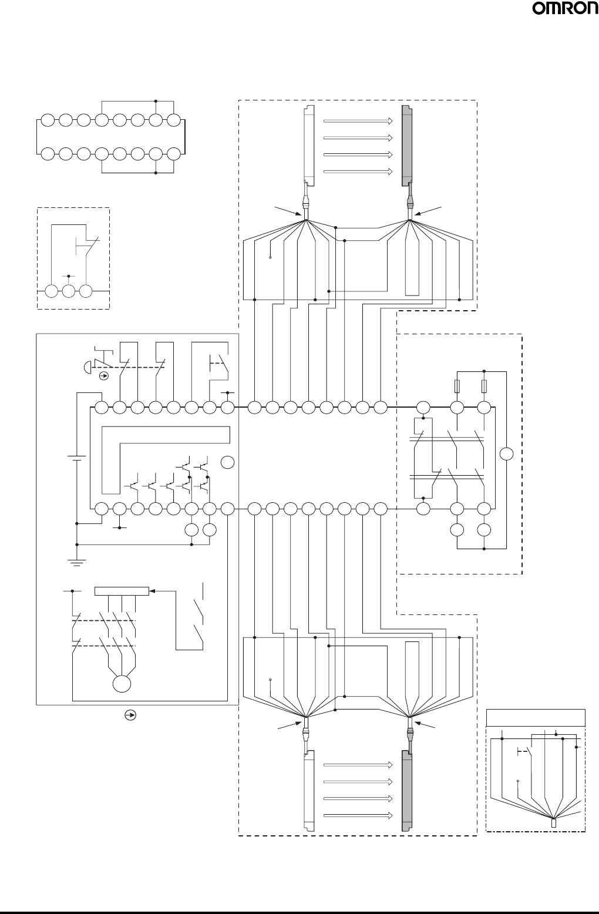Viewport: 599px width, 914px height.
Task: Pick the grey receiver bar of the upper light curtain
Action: [x=406, y=145]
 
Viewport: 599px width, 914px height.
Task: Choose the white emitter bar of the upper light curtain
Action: [x=309, y=145]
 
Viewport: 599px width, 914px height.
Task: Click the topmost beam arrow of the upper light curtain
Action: [x=358, y=120]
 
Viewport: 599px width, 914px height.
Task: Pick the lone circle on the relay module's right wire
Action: [x=506, y=454]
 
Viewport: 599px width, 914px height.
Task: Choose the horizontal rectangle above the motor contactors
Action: [x=122, y=591]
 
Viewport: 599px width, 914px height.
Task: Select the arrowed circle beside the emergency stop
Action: [x=104, y=375]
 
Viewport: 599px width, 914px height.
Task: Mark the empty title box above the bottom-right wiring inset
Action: [x=536, y=717]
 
